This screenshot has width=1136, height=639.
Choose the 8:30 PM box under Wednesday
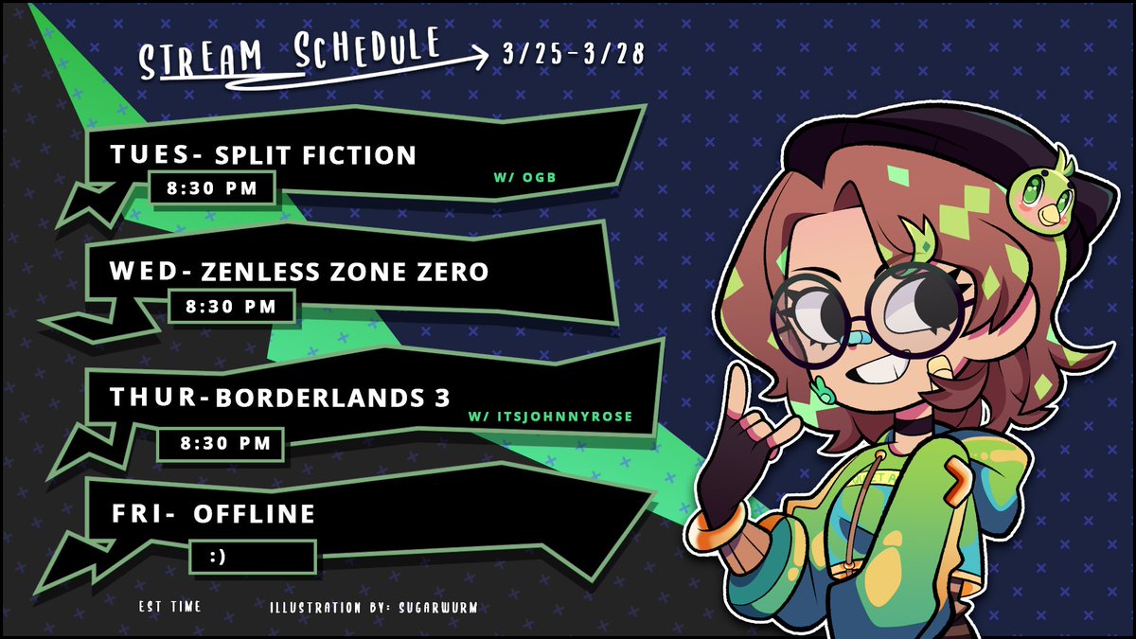(230, 306)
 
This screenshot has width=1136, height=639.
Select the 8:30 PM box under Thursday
(218, 442)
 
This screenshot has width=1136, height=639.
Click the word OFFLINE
(254, 514)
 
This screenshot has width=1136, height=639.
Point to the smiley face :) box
(252, 557)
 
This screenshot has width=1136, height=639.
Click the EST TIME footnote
(169, 606)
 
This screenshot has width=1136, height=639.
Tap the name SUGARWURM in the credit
(435, 606)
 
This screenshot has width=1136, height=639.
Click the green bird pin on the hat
(1043, 189)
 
